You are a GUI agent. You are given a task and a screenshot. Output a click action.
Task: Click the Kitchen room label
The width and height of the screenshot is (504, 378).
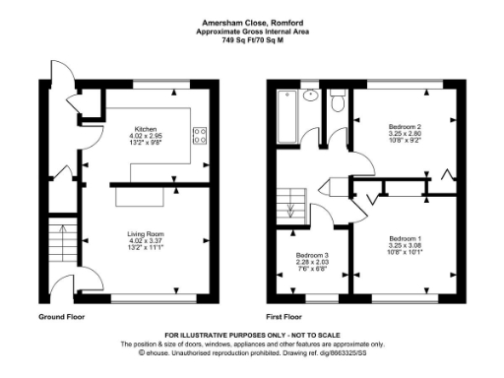pyautogui.click(x=145, y=128)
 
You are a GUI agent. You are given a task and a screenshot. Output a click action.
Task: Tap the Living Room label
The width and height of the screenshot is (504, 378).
pyautogui.click(x=145, y=233)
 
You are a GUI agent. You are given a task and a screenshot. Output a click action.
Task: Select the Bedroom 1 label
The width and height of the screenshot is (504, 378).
pyautogui.click(x=405, y=239)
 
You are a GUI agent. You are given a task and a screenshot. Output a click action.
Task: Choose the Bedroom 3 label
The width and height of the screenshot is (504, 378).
pyautogui.click(x=313, y=256)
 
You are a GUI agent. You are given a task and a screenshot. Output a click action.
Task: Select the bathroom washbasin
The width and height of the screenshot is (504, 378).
pyautogui.click(x=312, y=96)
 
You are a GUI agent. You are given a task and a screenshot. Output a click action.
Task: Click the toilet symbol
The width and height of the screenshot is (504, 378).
pyautogui.click(x=337, y=99)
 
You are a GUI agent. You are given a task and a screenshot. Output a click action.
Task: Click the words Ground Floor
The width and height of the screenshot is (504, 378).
pyautogui.click(x=62, y=318)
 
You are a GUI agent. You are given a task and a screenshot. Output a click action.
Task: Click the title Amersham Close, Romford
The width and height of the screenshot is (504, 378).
pyautogui.click(x=251, y=21)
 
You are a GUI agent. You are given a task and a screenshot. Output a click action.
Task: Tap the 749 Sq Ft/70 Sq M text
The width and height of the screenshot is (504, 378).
pyautogui.click(x=251, y=40)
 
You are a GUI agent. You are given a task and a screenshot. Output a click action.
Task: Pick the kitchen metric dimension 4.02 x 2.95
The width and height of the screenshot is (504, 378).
pyautogui.click(x=145, y=136)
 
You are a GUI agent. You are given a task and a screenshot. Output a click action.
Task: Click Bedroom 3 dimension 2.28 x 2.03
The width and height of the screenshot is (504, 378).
pyautogui.click(x=313, y=263)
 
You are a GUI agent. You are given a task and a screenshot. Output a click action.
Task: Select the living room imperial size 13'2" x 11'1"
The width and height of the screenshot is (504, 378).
pyautogui.click(x=145, y=247)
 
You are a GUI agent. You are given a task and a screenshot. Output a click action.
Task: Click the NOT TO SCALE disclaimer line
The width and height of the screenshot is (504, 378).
pyautogui.click(x=251, y=336)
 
